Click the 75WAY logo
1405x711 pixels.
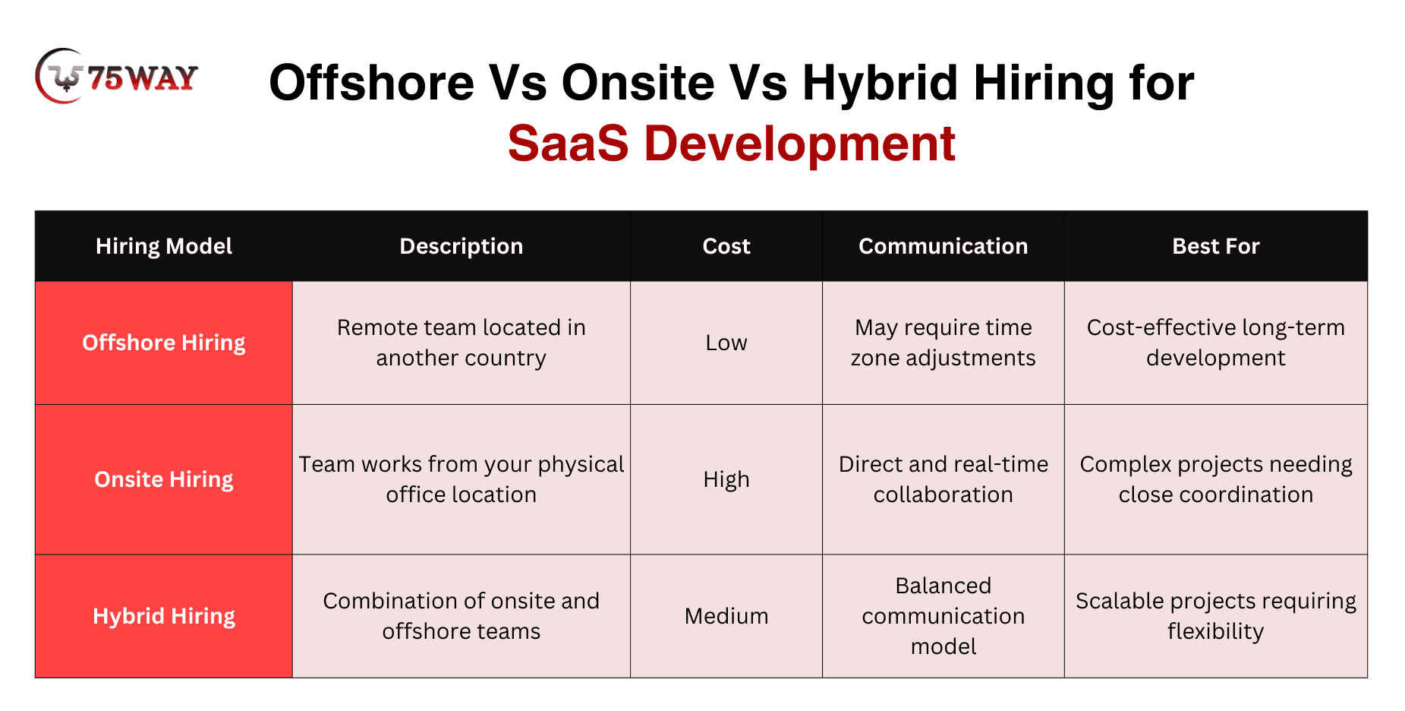tap(116, 77)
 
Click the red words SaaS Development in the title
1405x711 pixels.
tap(731, 143)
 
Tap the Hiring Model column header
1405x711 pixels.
tap(164, 246)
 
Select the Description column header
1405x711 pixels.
tap(462, 246)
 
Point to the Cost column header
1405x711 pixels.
tap(726, 246)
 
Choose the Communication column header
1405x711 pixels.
tap(943, 246)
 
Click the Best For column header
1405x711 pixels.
tap(1216, 246)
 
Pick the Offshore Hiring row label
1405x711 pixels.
tap(164, 343)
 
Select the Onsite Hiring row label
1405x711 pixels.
tap(164, 479)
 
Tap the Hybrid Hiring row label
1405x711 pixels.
tap(164, 616)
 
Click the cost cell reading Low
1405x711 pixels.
tap(726, 343)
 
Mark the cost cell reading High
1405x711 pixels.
tap(726, 479)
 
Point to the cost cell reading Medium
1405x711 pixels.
tap(726, 616)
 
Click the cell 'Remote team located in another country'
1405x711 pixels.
tap(462, 343)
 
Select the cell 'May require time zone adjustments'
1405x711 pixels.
tap(943, 343)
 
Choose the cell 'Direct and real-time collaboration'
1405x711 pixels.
tap(943, 479)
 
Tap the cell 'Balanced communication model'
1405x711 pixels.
tap(943, 616)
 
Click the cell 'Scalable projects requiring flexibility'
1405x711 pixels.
tap(1216, 616)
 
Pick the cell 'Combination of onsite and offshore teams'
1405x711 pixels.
tap(462, 616)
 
